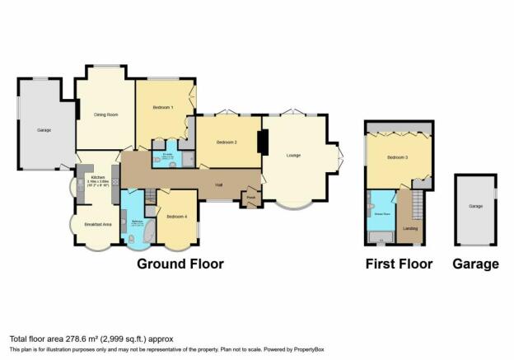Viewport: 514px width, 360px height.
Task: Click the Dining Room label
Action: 103,115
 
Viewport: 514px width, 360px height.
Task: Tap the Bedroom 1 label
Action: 163,108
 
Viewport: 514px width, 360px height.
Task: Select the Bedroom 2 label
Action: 227,142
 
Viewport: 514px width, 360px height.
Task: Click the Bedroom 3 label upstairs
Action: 396,157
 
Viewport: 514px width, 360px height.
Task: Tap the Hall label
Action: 219,185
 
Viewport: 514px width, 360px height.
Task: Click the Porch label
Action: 250,198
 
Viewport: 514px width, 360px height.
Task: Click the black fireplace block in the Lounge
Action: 264,143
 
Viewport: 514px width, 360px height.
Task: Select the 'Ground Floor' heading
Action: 180,264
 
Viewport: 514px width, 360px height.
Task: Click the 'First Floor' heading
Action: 399,264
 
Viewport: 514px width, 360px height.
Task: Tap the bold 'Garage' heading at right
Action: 475,264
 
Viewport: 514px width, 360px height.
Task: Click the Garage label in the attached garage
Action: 44,130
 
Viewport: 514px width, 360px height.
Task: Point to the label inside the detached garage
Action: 475,207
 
